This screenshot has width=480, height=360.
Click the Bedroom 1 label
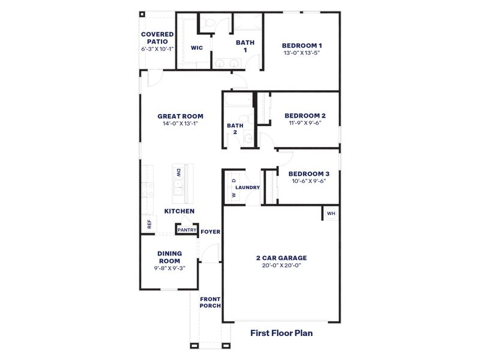pos(303,45)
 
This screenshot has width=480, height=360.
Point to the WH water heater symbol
pos(331,213)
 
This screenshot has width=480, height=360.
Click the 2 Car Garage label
pos(281,257)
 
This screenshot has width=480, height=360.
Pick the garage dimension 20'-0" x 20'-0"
pos(281,265)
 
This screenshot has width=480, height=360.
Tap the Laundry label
pos(247,187)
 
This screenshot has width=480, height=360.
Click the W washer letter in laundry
pos(233,195)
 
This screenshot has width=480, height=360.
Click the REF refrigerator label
pos(148,224)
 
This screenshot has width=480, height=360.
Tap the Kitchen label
pos(179,211)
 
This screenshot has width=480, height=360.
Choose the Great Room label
pos(180,116)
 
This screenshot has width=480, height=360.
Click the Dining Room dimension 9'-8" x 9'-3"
pos(169,268)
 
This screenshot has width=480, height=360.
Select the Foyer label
pos(210,232)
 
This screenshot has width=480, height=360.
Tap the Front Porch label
pos(210,302)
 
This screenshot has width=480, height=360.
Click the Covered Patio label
pos(157,38)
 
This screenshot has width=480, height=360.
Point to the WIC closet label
pos(196,48)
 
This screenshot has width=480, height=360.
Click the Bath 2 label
pos(232,128)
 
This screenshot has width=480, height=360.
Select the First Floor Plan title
pos(281,332)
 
